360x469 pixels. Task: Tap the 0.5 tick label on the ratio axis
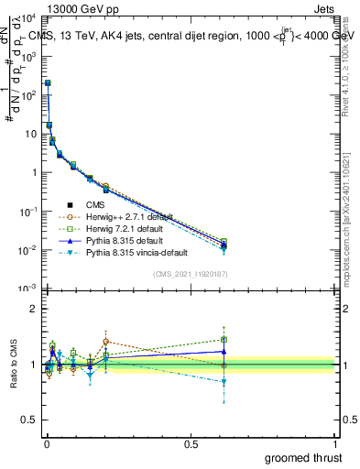pyautogui.click(x=29, y=421)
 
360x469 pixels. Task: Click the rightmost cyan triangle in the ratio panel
pyautogui.click(x=224, y=382)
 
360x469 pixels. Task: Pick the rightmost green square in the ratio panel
pyautogui.click(x=224, y=339)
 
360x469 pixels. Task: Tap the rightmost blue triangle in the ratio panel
pyautogui.click(x=224, y=351)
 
